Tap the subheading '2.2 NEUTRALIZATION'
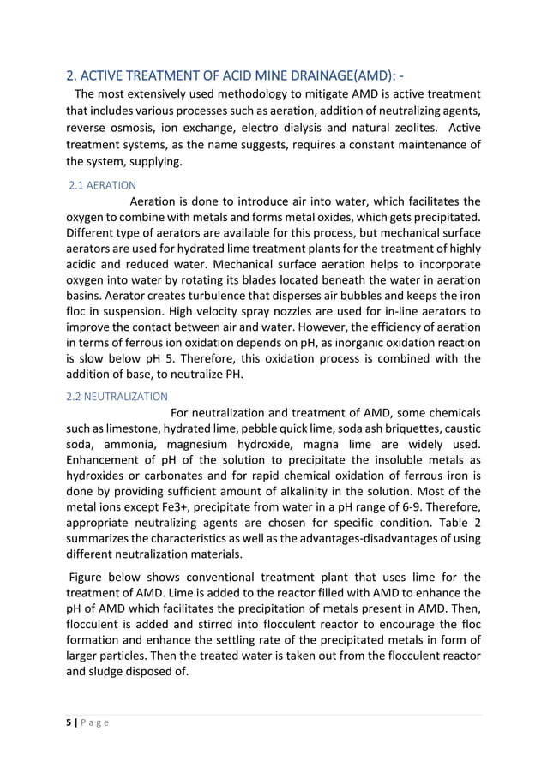[x=117, y=396]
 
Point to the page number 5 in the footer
[x=71, y=722]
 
